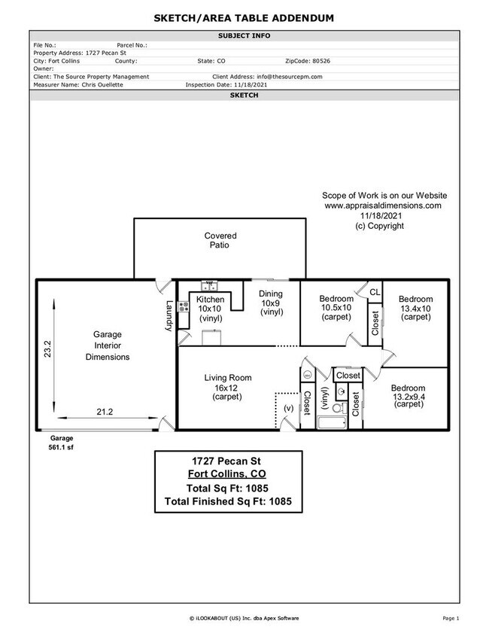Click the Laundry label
click(170, 315)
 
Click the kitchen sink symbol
click(208, 285)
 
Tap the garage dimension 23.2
click(47, 350)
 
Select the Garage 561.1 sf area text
click(61, 442)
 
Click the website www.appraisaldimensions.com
click(382, 205)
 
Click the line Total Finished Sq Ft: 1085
click(228, 501)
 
